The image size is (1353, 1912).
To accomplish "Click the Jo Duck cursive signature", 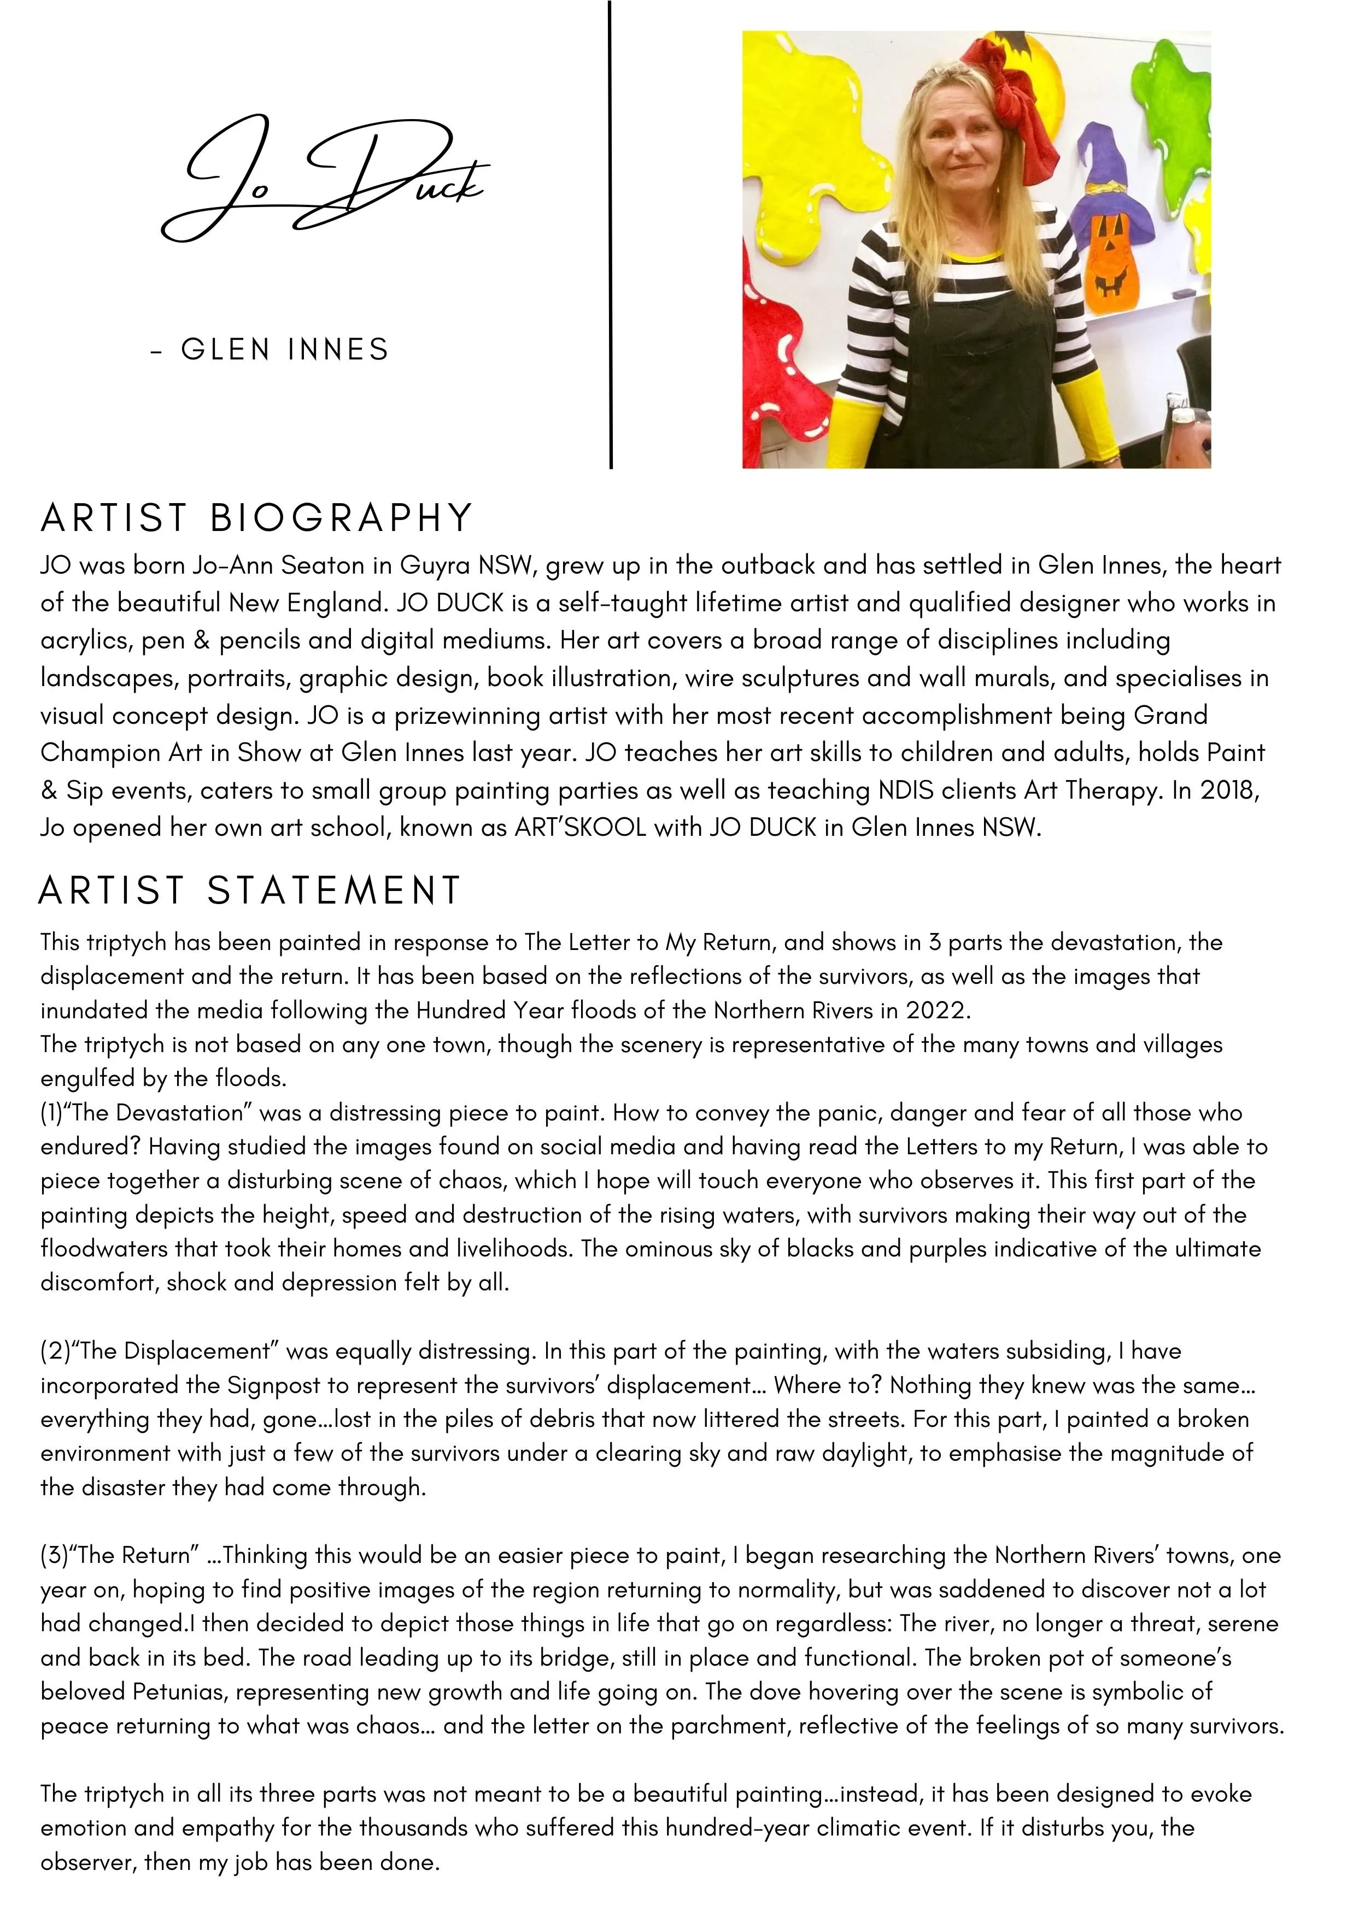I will pos(325,179).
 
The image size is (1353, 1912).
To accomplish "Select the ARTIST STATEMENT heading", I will pos(250,890).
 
